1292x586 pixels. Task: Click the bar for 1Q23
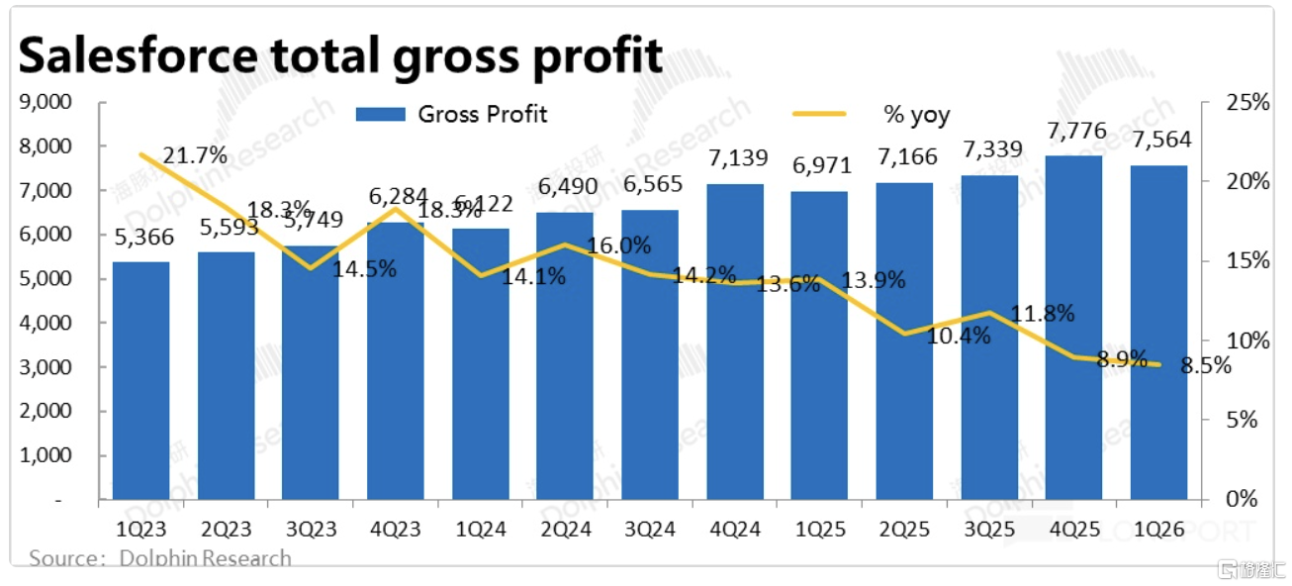[140, 381]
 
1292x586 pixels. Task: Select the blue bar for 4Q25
[1073, 327]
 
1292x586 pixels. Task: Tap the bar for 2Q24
[565, 356]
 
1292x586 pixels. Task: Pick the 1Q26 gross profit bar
[1158, 332]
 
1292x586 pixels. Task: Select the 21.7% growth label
[194, 155]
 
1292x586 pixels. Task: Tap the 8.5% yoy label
[1206, 366]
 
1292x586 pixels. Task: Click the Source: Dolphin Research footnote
[160, 559]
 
